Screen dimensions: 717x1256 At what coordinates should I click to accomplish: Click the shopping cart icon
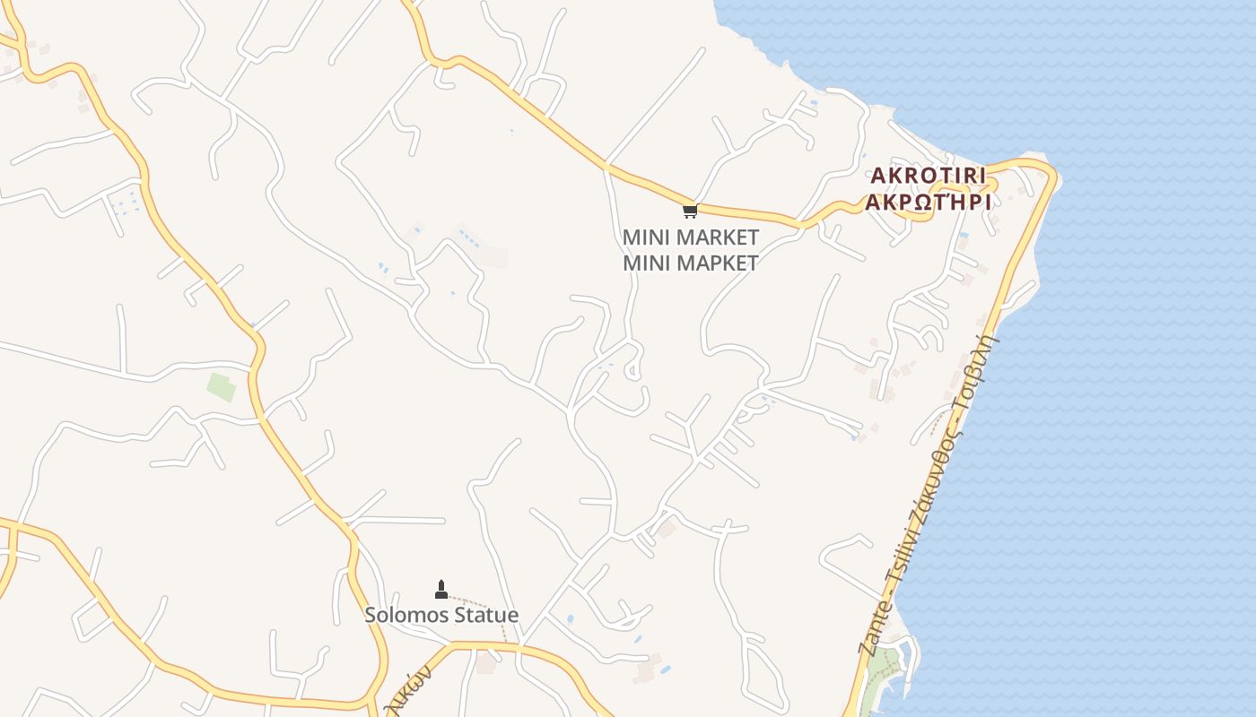click(x=690, y=212)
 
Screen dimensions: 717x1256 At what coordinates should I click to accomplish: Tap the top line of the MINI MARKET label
click(x=691, y=238)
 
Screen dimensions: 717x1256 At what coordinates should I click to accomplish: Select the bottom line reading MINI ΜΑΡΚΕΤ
click(x=691, y=263)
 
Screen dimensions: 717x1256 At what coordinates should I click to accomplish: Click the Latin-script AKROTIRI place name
click(x=928, y=175)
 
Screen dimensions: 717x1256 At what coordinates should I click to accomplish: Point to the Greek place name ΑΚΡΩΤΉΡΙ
click(x=928, y=202)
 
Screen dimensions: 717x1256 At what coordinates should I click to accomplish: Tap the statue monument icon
click(x=440, y=590)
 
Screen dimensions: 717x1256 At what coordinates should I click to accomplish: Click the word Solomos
click(x=402, y=616)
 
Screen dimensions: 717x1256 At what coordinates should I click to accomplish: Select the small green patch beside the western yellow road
click(x=222, y=387)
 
